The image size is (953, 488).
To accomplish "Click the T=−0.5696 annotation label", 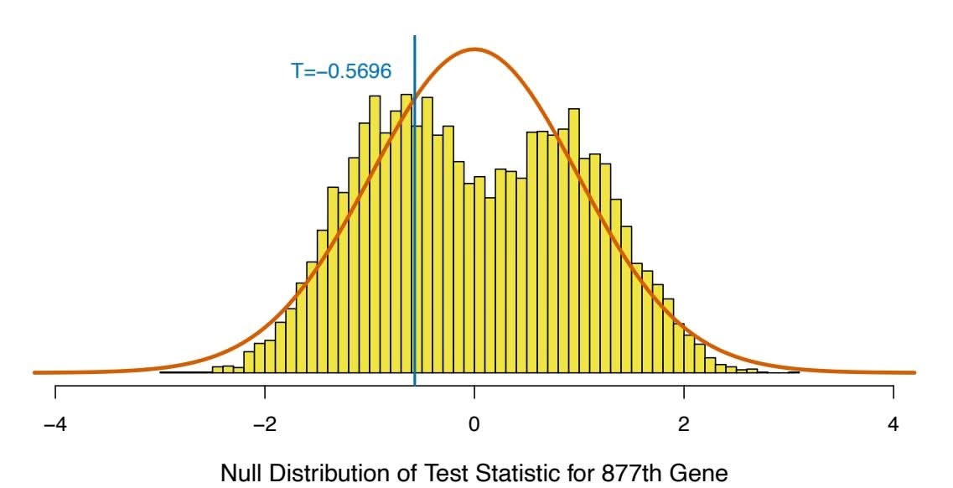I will tap(341, 71).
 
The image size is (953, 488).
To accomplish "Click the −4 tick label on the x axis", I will tap(55, 424).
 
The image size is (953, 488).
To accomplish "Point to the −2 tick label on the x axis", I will tap(265, 424).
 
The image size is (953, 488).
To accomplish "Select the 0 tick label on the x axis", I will tap(474, 424).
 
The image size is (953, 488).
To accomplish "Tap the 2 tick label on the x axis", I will tap(684, 424).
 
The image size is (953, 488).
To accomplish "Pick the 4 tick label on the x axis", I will tap(893, 424).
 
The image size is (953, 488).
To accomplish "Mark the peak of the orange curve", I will tap(474, 49).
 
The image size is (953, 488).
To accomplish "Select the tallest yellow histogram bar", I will tap(375, 235).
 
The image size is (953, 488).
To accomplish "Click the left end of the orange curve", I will tap(35, 371).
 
